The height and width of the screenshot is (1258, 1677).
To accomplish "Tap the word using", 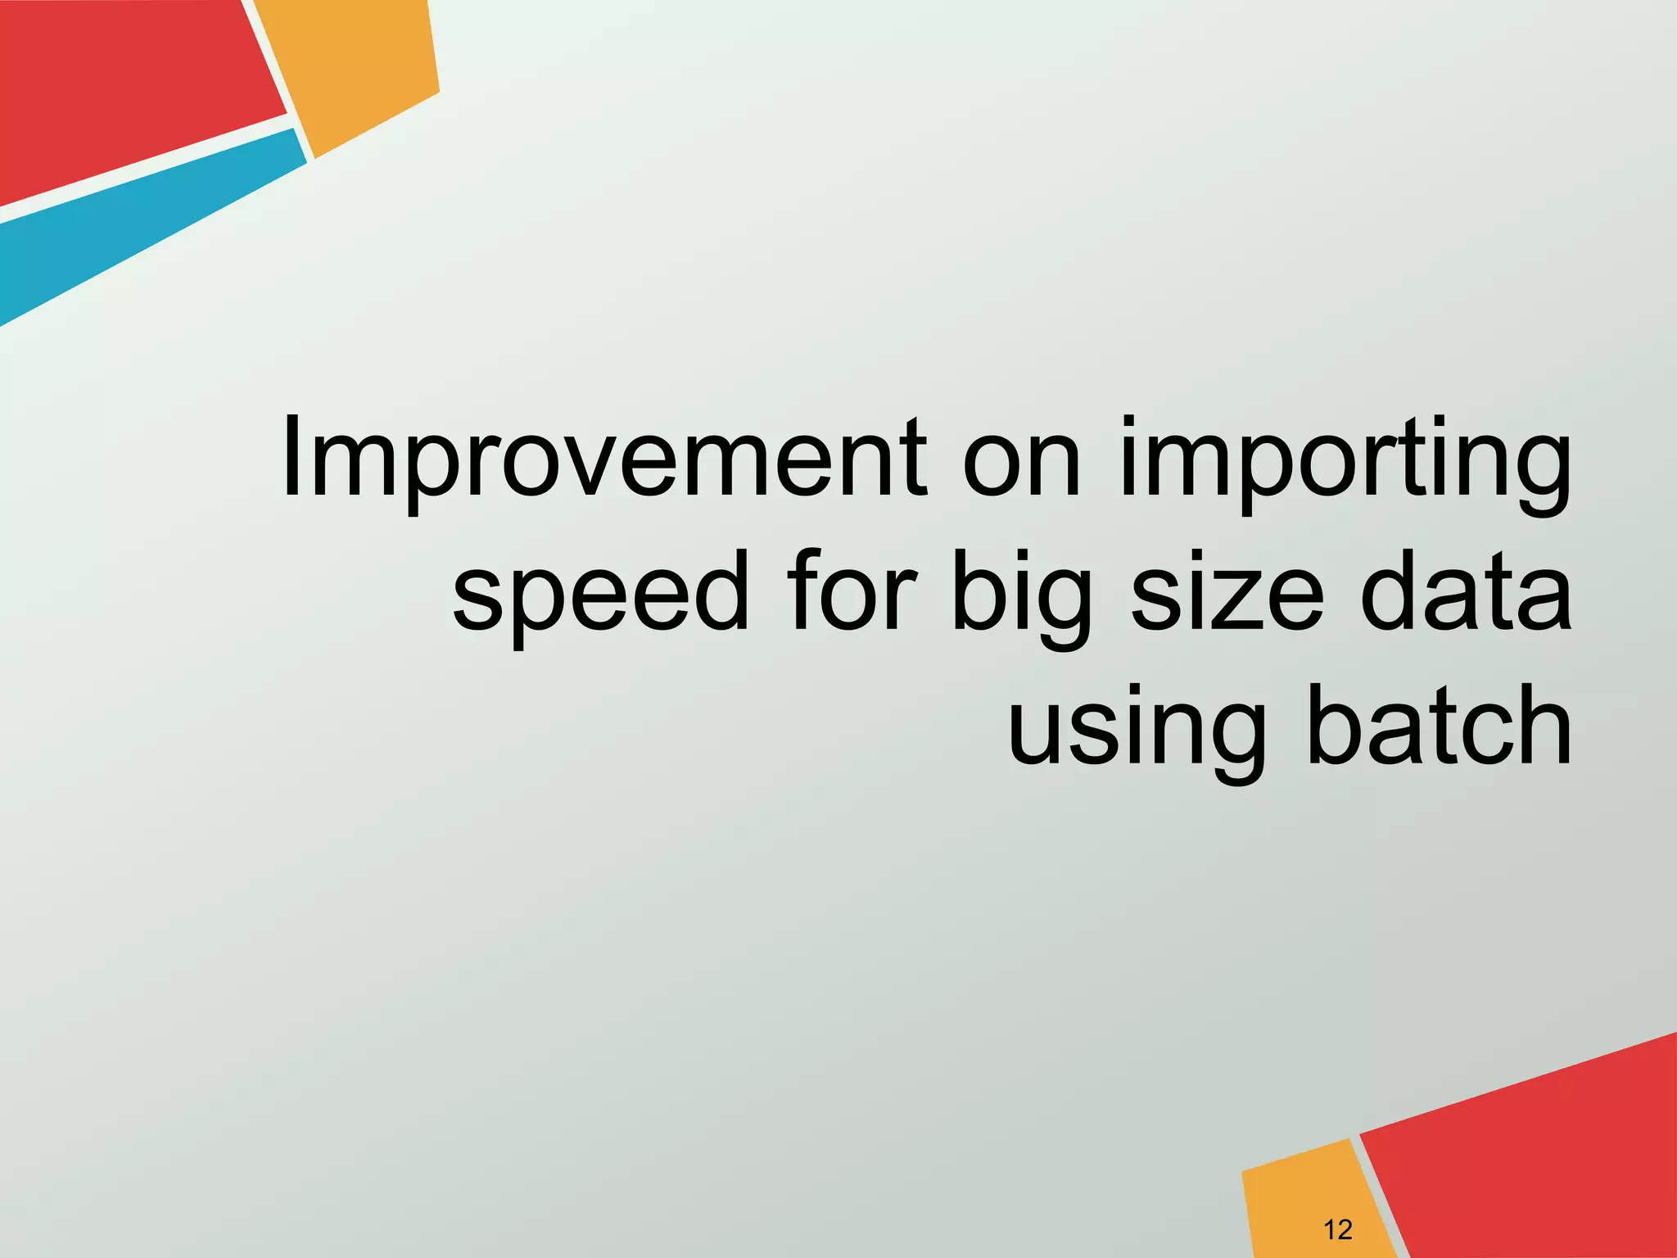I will tap(1135, 729).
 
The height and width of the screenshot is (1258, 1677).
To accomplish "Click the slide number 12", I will tap(1337, 1229).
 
